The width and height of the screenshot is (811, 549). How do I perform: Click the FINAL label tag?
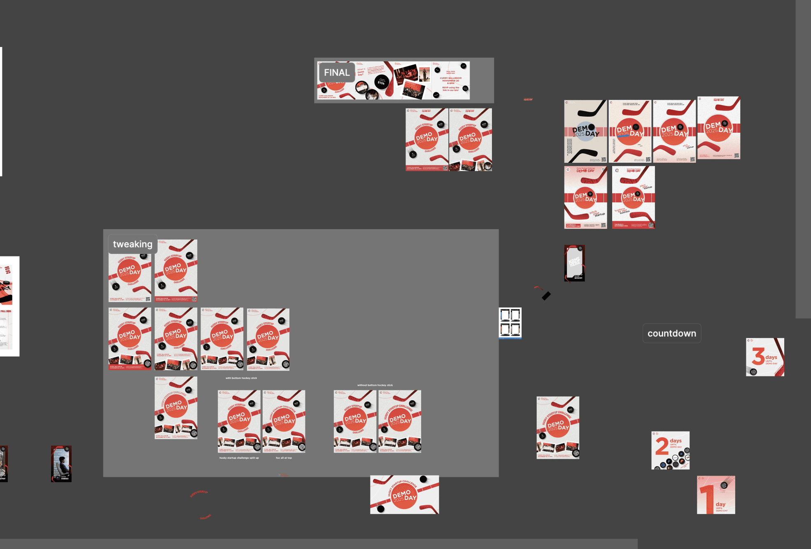click(x=336, y=73)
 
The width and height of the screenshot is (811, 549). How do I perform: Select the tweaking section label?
click(x=133, y=244)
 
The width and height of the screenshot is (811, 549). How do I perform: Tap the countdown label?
click(x=671, y=333)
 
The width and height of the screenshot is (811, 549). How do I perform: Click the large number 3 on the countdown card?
click(x=758, y=356)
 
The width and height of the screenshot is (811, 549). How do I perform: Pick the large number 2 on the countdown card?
click(x=662, y=446)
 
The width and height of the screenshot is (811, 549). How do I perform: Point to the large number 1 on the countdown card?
click(x=707, y=499)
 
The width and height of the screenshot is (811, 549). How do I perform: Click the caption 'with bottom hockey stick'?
click(x=241, y=378)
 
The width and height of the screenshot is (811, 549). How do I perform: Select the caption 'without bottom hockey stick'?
click(x=375, y=385)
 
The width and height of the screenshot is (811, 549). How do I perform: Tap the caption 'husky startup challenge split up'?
click(x=239, y=458)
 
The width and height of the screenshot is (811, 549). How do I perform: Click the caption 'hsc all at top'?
click(x=284, y=458)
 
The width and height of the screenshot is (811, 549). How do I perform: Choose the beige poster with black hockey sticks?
click(x=585, y=131)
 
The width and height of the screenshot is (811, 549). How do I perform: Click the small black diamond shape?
click(x=546, y=296)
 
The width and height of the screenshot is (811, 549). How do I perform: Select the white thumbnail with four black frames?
click(x=510, y=323)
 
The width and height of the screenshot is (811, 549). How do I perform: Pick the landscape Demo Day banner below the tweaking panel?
click(x=404, y=495)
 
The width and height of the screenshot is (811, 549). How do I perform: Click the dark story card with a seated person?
click(x=61, y=464)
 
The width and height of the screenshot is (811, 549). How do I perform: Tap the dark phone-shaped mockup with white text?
click(x=574, y=263)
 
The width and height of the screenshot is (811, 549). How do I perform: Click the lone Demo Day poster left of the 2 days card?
click(x=558, y=427)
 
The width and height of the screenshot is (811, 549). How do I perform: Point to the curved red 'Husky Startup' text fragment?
click(x=199, y=493)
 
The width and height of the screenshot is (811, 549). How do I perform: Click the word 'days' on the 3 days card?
click(x=771, y=357)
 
